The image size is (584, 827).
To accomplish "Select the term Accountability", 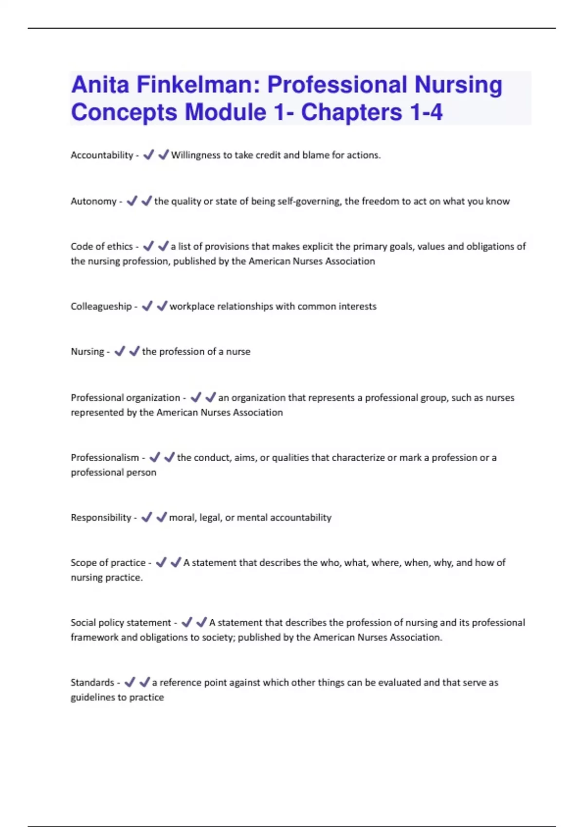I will tap(102, 155).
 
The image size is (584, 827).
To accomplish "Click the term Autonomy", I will tap(93, 201).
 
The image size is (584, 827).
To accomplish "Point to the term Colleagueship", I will tap(101, 306).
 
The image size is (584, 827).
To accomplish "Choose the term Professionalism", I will tap(105, 458).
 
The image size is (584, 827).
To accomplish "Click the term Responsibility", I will tap(101, 518).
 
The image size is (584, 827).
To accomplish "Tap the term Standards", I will tap(92, 683).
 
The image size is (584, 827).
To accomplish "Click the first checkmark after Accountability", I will tap(148, 155).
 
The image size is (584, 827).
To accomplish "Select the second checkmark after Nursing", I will tap(134, 351).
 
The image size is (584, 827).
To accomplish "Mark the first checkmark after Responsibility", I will tap(146, 517).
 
